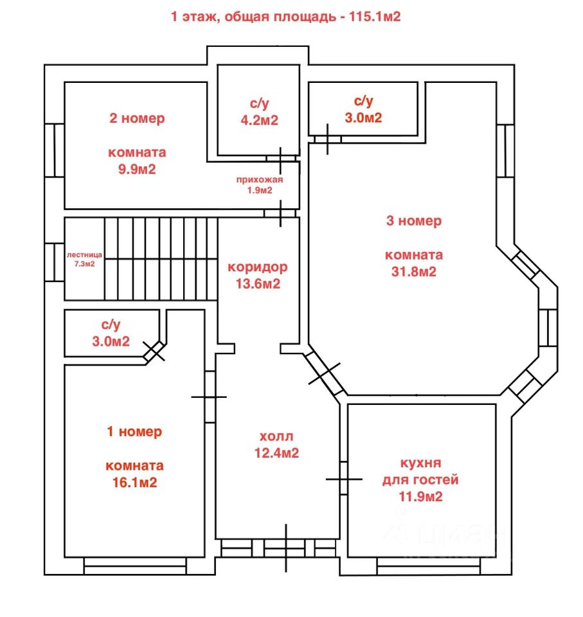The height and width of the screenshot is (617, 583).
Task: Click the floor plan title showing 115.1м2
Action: click(x=286, y=17)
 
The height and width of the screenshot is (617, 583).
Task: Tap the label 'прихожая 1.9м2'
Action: click(x=260, y=185)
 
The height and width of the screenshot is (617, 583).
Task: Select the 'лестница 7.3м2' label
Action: click(x=84, y=259)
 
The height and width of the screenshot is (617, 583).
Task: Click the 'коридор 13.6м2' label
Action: click(x=258, y=275)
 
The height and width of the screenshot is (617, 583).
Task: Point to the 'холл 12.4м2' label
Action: click(x=276, y=445)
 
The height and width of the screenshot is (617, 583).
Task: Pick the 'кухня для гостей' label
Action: click(x=420, y=471)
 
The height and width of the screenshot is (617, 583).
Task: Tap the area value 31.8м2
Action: click(x=414, y=272)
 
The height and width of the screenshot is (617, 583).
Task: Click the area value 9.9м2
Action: click(x=137, y=169)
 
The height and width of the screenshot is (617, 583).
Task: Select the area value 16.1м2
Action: click(x=134, y=483)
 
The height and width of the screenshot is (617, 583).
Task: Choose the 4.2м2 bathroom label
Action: click(x=260, y=111)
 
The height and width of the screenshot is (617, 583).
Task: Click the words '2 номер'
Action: click(x=137, y=118)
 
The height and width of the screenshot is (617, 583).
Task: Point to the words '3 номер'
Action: click(x=414, y=220)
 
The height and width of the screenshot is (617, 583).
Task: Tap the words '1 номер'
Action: click(x=134, y=432)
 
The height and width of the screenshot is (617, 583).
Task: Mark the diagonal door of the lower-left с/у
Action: click(x=154, y=352)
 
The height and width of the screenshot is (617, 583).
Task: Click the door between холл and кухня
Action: click(x=344, y=479)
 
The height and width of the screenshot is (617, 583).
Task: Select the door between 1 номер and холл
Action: click(x=210, y=397)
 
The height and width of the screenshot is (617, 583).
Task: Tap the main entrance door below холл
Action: click(x=286, y=548)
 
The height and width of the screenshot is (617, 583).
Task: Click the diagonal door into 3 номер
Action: click(x=325, y=373)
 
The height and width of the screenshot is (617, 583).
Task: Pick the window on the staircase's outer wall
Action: click(x=55, y=262)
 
